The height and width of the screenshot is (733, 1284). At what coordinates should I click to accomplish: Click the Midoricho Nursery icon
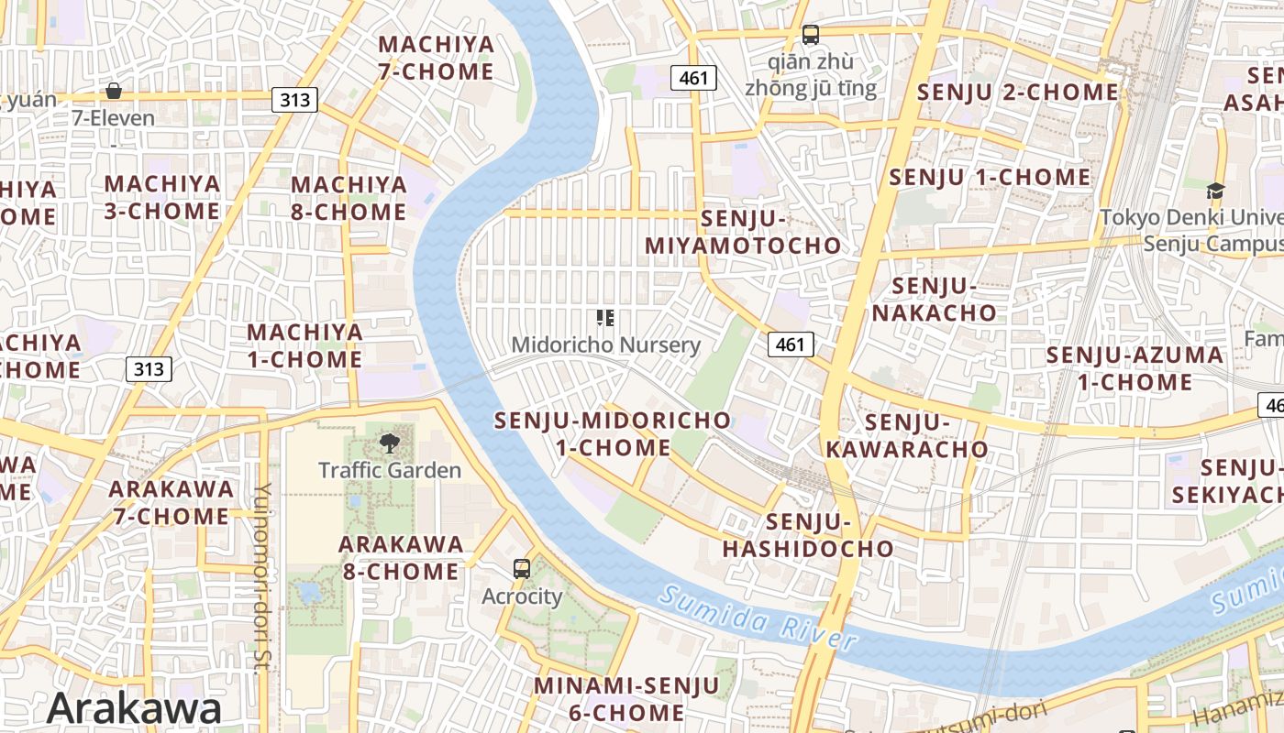[605, 318]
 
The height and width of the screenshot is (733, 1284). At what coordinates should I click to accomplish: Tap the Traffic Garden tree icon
[390, 444]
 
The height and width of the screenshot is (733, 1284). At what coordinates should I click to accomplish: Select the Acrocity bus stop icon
[522, 569]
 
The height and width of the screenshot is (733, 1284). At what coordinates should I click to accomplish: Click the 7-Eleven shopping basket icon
[114, 91]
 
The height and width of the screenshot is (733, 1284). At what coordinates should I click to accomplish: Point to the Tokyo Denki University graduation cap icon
[1215, 191]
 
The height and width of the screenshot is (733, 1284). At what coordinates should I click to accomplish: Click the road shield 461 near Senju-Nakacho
[790, 345]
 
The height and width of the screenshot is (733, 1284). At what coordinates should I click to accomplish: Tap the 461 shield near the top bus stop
[693, 78]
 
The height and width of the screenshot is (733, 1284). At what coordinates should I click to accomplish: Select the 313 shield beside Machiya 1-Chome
[149, 368]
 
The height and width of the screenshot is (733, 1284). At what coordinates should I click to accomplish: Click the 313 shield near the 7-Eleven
[294, 100]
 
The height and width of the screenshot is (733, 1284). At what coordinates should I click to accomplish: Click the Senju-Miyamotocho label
[743, 233]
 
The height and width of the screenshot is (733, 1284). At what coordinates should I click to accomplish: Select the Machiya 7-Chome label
[436, 58]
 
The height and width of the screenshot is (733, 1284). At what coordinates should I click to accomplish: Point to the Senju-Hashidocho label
[808, 535]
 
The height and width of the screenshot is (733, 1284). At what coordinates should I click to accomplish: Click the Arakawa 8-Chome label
[401, 557]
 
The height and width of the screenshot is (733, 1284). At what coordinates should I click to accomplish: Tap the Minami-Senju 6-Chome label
[626, 698]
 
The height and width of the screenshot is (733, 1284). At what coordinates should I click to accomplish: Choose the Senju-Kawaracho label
[907, 435]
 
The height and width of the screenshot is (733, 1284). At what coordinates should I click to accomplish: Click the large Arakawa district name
[134, 708]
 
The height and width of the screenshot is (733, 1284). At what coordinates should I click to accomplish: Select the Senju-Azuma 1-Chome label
[1135, 367]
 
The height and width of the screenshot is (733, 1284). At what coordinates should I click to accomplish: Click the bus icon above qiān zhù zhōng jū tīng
[811, 35]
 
